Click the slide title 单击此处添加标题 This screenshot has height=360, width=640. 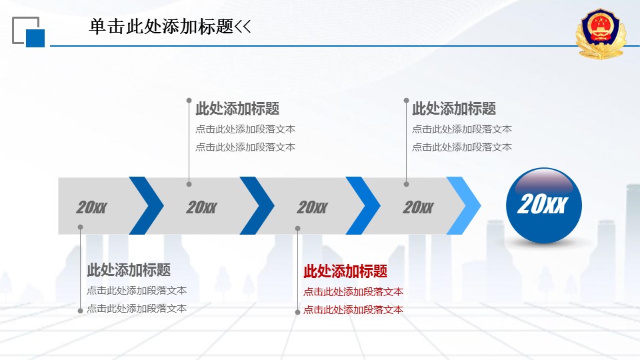tap(161, 27)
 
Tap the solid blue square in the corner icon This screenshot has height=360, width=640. tap(35, 38)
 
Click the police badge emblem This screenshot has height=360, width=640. tap(601, 34)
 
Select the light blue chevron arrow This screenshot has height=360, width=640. tap(464, 205)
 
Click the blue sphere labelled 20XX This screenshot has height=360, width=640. tap(544, 205)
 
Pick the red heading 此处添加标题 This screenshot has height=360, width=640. tap(345, 271)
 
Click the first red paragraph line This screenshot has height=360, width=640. tap(353, 292)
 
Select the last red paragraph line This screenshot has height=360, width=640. tap(353, 310)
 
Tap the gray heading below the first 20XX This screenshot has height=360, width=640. tap(129, 270)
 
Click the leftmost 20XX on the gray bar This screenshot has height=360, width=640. tap(91, 207)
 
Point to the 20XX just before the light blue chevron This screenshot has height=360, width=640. tap(418, 207)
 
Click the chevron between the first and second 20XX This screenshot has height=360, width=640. tap(147, 205)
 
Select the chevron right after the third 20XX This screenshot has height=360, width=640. tap(363, 205)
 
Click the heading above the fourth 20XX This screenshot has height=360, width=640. tap(454, 109)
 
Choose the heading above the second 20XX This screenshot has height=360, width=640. tap(237, 109)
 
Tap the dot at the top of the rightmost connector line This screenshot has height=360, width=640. tap(406, 100)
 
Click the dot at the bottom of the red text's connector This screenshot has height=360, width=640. tap(297, 312)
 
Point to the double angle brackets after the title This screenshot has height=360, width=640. tap(243, 27)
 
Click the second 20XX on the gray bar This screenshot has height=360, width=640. tap(201, 207)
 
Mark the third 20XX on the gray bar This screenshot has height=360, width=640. tap(312, 207)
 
